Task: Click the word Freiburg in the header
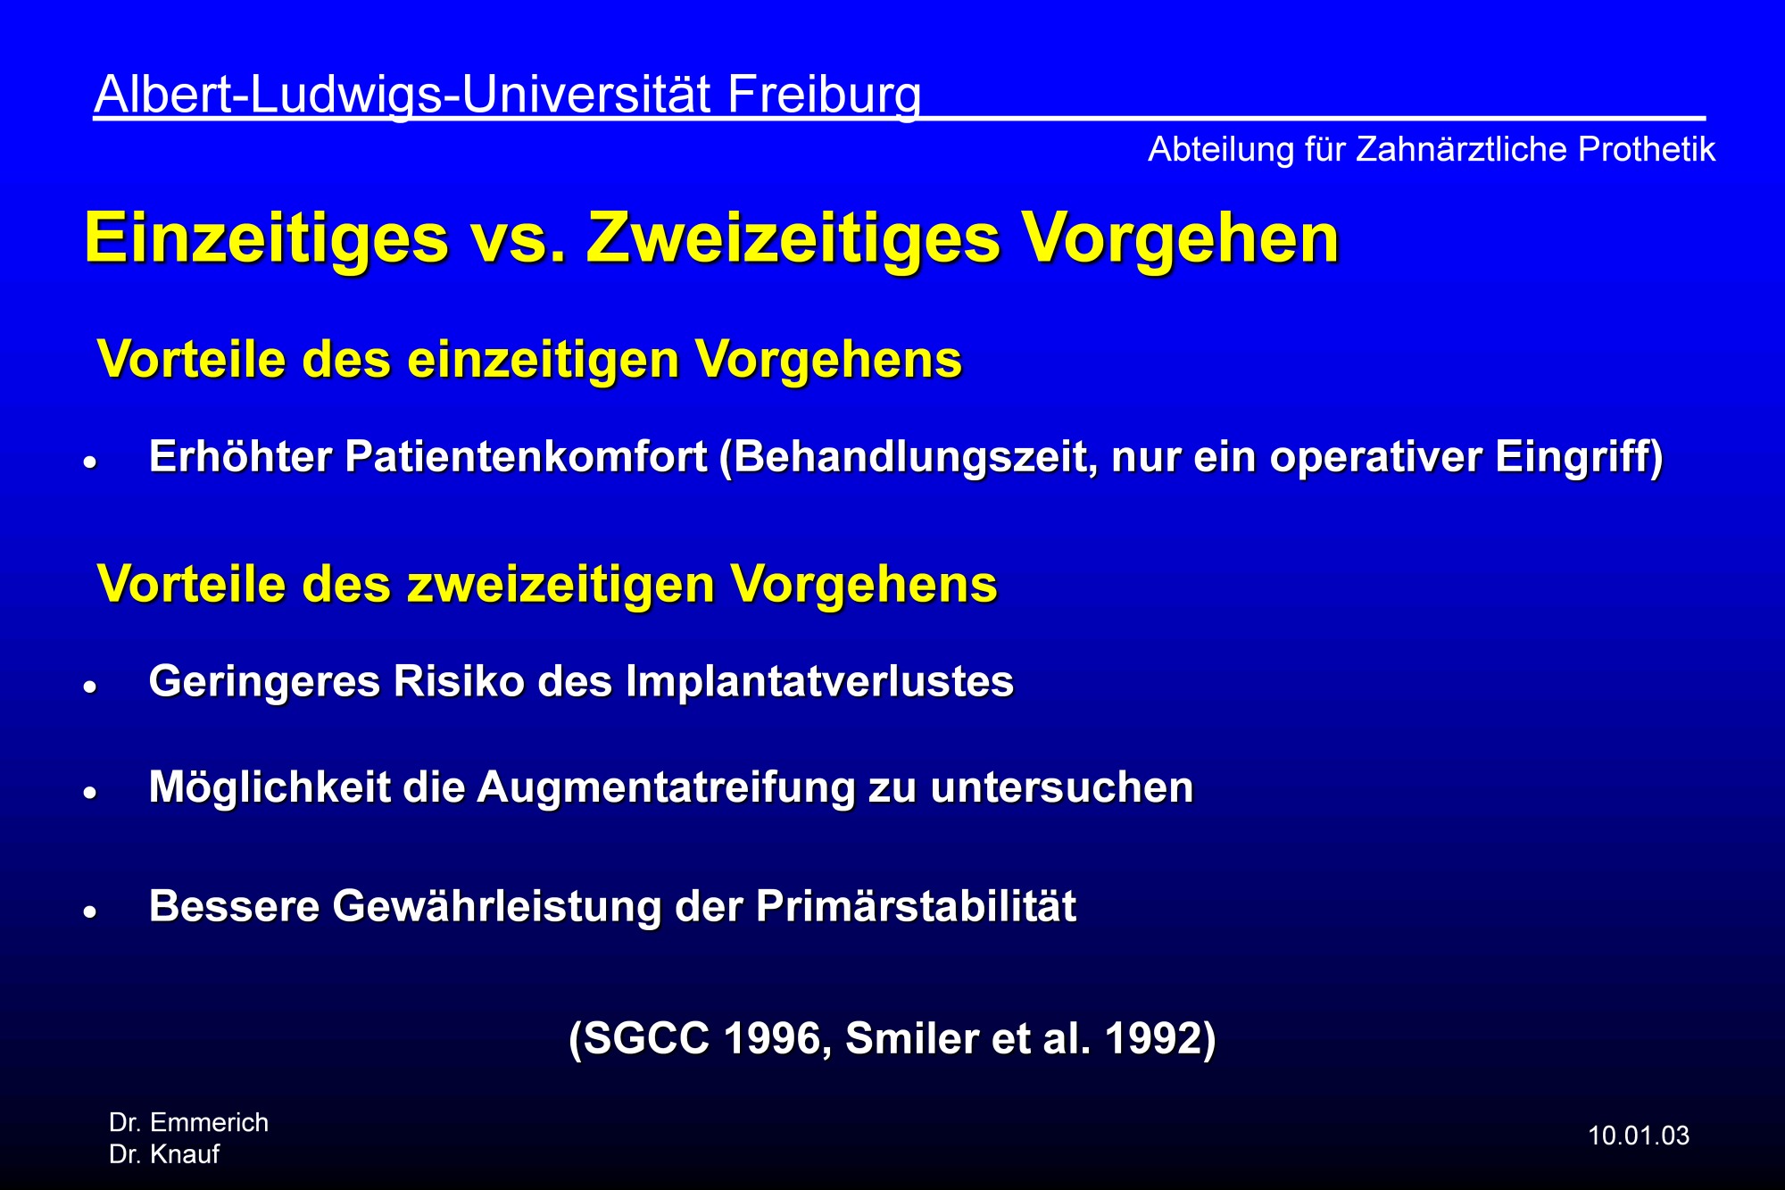(824, 96)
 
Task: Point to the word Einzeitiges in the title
(266, 239)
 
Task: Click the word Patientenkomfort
(526, 456)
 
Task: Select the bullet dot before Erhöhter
(89, 462)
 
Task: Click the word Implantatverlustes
(819, 681)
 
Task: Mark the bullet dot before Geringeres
(89, 687)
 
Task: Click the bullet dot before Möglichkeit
(89, 793)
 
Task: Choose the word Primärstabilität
(916, 906)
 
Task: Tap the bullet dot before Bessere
(89, 912)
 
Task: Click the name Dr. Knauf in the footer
(164, 1154)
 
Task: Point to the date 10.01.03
(1639, 1136)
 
